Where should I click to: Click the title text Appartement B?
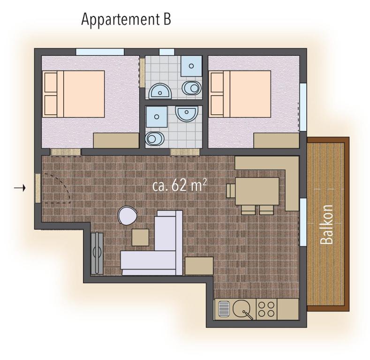126,20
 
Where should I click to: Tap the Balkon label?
327,225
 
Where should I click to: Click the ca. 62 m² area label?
179,186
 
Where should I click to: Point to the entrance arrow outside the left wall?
20,188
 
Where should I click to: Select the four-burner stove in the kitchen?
266,309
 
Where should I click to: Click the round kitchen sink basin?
242,308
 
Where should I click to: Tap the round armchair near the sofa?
128,215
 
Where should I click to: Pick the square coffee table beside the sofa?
140,237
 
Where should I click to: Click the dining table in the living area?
257,191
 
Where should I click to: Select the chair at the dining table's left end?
231,191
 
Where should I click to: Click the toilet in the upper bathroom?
192,88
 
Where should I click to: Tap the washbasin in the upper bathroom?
160,91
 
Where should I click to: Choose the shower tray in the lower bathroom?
157,117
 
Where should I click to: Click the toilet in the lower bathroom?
155,138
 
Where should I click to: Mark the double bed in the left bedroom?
73,94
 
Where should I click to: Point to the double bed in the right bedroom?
240,94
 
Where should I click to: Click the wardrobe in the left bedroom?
116,141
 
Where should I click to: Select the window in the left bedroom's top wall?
100,52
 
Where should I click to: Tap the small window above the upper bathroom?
167,52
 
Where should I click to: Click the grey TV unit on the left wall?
97,253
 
